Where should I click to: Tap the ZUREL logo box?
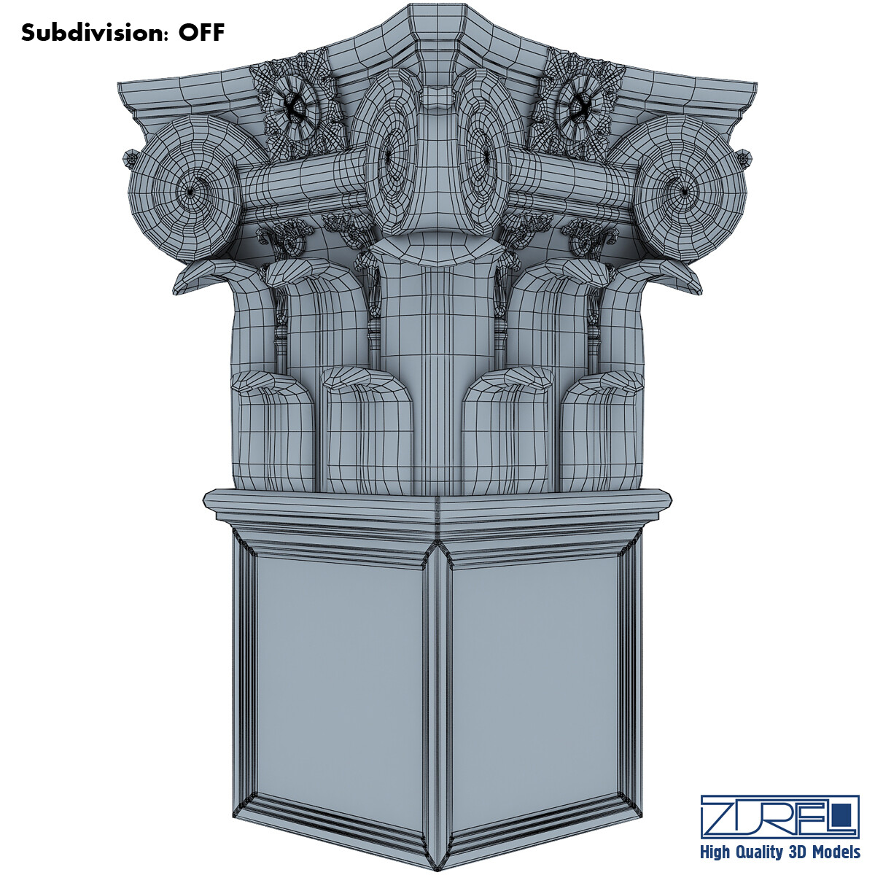click(779, 816)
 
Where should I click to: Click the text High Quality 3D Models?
click(779, 852)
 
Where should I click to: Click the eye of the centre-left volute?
click(388, 154)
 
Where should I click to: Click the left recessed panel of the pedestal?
click(339, 678)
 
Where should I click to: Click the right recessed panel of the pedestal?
click(536, 678)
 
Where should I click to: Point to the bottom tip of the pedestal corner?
click(438, 868)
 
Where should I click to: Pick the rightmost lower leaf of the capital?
click(602, 430)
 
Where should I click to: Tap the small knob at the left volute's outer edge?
click(131, 157)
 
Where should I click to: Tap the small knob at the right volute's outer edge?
click(744, 157)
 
